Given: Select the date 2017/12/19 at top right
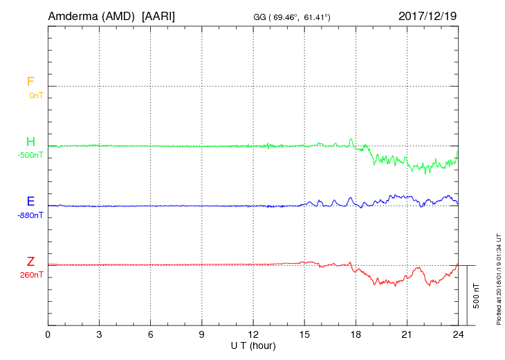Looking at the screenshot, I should pyautogui.click(x=428, y=15).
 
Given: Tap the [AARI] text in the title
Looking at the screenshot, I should pyautogui.click(x=158, y=15).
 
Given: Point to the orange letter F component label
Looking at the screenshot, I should pyautogui.click(x=30, y=82).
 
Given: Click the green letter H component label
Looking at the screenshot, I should pyautogui.click(x=30, y=142).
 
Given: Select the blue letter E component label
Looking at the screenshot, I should pyautogui.click(x=30, y=201).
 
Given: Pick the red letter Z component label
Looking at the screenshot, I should pyautogui.click(x=30, y=261).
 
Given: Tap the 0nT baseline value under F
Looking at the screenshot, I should pyautogui.click(x=35, y=96).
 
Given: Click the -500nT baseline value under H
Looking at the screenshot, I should pyautogui.click(x=30, y=155).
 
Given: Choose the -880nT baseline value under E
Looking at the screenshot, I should pyautogui.click(x=30, y=215).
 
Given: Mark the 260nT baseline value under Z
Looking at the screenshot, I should pyautogui.click(x=32, y=275).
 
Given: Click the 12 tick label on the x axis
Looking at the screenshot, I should pyautogui.click(x=253, y=334).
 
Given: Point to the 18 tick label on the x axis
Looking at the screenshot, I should pyautogui.click(x=356, y=334).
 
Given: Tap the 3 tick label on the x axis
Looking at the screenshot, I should pyautogui.click(x=99, y=334).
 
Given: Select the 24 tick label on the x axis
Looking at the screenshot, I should pyautogui.click(x=458, y=334).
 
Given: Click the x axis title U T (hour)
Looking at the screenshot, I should pyautogui.click(x=253, y=345).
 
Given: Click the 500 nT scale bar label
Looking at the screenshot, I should pyautogui.click(x=477, y=296).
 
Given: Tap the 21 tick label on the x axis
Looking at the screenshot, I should pyautogui.click(x=407, y=334).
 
